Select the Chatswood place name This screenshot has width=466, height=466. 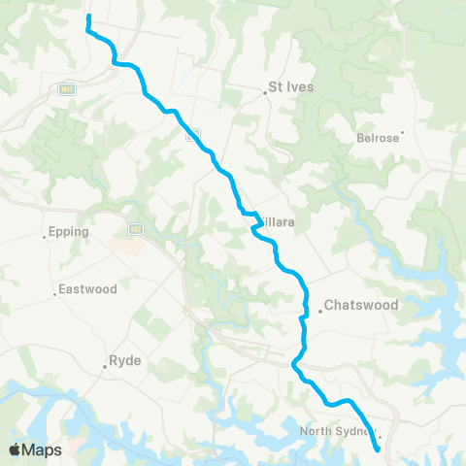point(362,305)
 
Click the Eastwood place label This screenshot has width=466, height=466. point(88,289)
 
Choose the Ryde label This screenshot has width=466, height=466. point(126,360)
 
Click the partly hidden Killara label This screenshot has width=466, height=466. point(276,222)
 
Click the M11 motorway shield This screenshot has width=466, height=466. point(66,88)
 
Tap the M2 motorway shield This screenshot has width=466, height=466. point(136,229)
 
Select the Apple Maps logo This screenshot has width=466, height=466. point(34,449)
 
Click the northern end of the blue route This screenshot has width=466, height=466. point(89,17)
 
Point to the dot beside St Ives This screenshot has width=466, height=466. point(265,93)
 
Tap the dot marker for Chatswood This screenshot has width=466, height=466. point(319,312)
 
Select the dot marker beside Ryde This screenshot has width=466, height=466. point(105,367)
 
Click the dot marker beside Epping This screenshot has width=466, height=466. point(46,239)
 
